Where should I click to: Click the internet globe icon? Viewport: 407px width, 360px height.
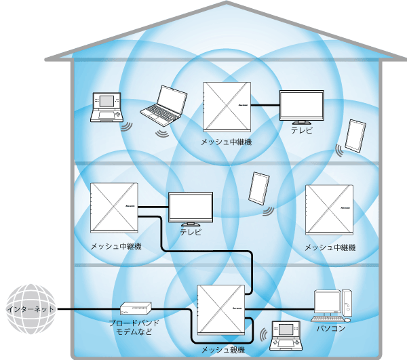pos(30,309)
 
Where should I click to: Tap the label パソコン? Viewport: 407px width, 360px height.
pos(331,329)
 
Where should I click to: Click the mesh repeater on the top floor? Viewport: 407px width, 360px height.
pos(227,106)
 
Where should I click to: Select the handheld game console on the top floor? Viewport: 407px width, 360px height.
pos(105,107)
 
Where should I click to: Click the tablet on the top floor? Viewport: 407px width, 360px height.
pos(355,136)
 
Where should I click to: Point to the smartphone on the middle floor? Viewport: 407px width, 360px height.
pos(258,188)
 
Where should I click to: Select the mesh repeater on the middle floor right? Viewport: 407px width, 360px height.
pos(330,208)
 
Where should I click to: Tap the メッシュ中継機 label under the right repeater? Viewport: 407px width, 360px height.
pos(330,247)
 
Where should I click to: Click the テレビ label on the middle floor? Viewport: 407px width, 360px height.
pos(191,231)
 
